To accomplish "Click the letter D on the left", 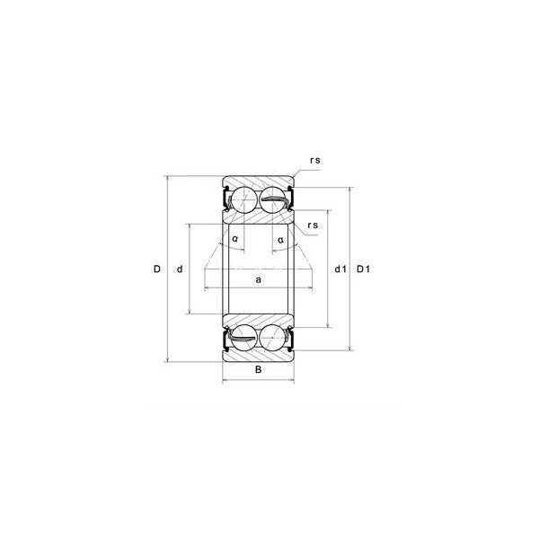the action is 156,269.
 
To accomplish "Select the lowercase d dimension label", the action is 180,269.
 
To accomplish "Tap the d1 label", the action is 340,269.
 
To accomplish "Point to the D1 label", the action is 363,269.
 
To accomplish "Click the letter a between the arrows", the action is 259,280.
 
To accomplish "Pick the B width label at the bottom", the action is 258,369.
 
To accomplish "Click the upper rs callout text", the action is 315,160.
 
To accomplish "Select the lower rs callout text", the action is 313,225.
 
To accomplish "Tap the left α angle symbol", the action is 235,239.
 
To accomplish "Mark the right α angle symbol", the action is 281,240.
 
